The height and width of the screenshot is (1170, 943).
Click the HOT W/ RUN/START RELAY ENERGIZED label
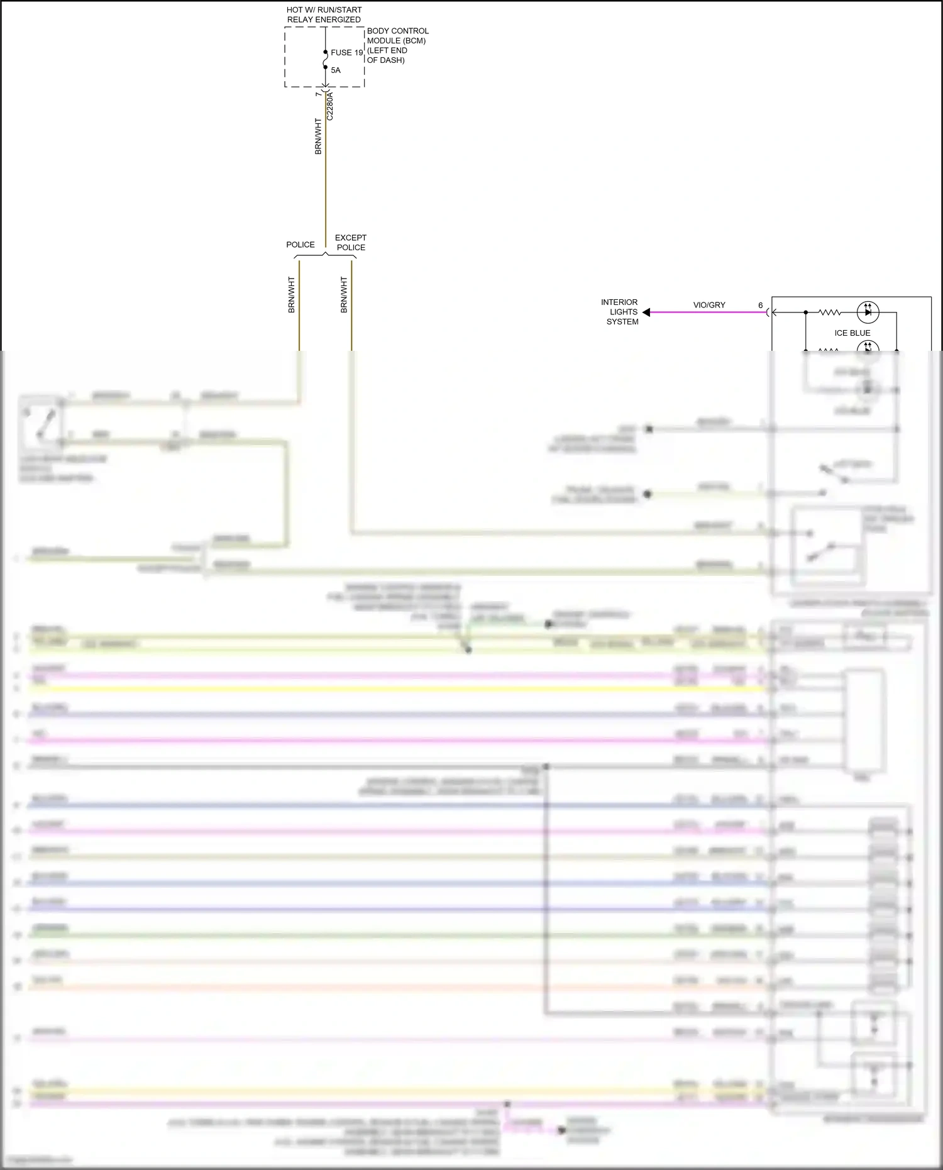click(x=324, y=14)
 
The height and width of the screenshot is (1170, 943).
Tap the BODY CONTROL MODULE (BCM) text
click(x=397, y=36)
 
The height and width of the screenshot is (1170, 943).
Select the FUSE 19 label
click(x=346, y=53)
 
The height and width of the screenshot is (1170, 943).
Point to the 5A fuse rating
click(x=336, y=70)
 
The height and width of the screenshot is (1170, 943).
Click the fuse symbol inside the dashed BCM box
click(x=325, y=60)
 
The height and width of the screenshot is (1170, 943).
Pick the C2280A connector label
click(x=330, y=106)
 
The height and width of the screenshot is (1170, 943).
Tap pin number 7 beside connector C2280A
click(x=318, y=94)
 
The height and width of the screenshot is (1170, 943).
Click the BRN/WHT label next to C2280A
click(x=318, y=136)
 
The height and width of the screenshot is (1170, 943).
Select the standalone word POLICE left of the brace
click(x=301, y=245)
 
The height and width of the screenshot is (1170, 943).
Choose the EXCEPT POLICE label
click(x=351, y=243)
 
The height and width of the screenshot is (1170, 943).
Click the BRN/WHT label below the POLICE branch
click(x=292, y=295)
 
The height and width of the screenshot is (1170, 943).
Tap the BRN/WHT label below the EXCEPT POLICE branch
click(x=344, y=295)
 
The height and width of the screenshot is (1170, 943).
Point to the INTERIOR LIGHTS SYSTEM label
click(x=621, y=312)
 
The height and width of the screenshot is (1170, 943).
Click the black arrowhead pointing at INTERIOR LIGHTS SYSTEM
click(x=646, y=312)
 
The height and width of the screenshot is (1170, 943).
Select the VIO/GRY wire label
click(x=709, y=305)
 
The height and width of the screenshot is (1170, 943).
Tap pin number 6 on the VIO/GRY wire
click(x=761, y=306)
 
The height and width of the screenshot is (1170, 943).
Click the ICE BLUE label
click(x=852, y=333)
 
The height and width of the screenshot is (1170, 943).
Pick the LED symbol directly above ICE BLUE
click(x=868, y=312)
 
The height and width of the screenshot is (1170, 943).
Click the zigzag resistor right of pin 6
click(x=829, y=312)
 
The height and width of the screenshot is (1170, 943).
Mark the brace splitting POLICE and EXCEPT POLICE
click(x=325, y=255)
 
